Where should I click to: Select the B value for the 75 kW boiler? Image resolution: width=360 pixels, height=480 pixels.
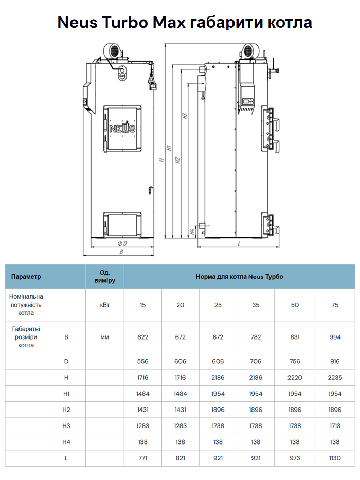pos(335,337)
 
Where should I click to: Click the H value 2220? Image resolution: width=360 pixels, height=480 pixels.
pos(295,377)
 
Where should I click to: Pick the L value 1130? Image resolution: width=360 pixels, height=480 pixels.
pos(335,458)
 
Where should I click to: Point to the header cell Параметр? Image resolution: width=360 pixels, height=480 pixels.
pos(26,276)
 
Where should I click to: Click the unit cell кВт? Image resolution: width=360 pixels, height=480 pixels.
pos(104,305)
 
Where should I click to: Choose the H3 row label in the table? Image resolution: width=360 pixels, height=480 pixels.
pos(66,425)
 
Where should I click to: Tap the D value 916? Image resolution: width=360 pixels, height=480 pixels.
pos(335,361)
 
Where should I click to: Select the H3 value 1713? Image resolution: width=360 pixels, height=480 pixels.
pos(335,425)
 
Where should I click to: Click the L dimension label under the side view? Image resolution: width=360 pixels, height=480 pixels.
pos(239,243)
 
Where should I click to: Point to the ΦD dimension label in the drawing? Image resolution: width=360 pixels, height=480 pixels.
pos(122,243)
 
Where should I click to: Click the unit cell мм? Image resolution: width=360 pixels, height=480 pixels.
pos(104,337)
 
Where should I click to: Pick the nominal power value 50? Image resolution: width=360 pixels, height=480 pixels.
pos(295,305)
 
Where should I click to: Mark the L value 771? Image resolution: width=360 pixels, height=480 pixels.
pos(143,458)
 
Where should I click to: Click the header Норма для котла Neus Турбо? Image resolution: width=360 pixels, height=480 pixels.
pos(239,276)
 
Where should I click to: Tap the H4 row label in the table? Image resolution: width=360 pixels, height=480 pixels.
pos(66,442)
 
